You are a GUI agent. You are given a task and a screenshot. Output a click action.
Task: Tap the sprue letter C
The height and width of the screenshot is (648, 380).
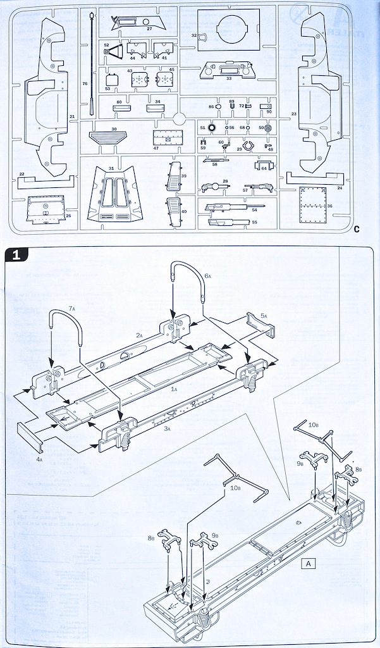click(x=357, y=229)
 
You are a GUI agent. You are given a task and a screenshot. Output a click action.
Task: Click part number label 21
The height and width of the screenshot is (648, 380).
click(x=72, y=116)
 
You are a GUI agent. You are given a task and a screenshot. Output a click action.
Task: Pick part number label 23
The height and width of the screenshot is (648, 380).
click(x=294, y=113)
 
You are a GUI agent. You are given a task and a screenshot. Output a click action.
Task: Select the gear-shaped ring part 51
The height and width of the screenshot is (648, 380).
click(x=212, y=128)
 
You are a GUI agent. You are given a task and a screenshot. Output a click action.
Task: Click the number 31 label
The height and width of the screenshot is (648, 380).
click(x=111, y=168)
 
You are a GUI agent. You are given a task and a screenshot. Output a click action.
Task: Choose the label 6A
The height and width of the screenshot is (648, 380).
click(x=208, y=277)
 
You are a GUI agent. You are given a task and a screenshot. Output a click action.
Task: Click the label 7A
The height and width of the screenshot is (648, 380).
click(x=71, y=308)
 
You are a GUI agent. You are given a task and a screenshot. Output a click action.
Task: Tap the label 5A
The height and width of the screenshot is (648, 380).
click(x=264, y=315)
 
